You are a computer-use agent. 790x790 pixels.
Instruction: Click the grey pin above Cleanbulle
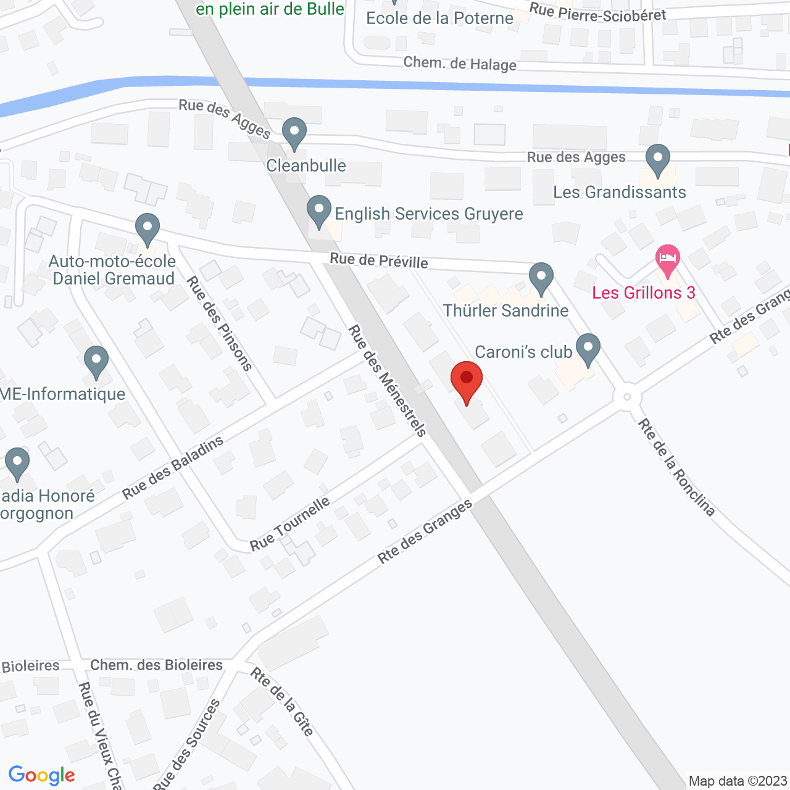click(x=294, y=133)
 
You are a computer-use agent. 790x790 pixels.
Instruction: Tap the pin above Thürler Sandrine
click(x=541, y=278)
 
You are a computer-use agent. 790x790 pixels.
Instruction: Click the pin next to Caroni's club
click(x=588, y=349)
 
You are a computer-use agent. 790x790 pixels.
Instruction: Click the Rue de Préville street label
click(x=379, y=260)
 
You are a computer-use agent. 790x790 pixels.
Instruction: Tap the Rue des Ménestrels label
click(x=388, y=381)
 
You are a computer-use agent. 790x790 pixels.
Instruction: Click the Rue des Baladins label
click(x=173, y=468)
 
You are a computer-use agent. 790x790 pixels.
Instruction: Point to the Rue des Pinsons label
click(x=220, y=323)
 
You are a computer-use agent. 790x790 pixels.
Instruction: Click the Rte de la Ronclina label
click(x=676, y=467)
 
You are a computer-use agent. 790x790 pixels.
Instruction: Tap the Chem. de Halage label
click(x=460, y=64)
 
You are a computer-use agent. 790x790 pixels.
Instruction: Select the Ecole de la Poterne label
click(x=439, y=18)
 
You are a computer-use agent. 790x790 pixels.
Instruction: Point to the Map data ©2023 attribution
click(x=738, y=781)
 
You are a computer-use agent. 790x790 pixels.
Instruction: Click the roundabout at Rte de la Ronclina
click(x=626, y=397)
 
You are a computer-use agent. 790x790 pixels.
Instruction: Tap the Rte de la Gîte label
click(x=282, y=702)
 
